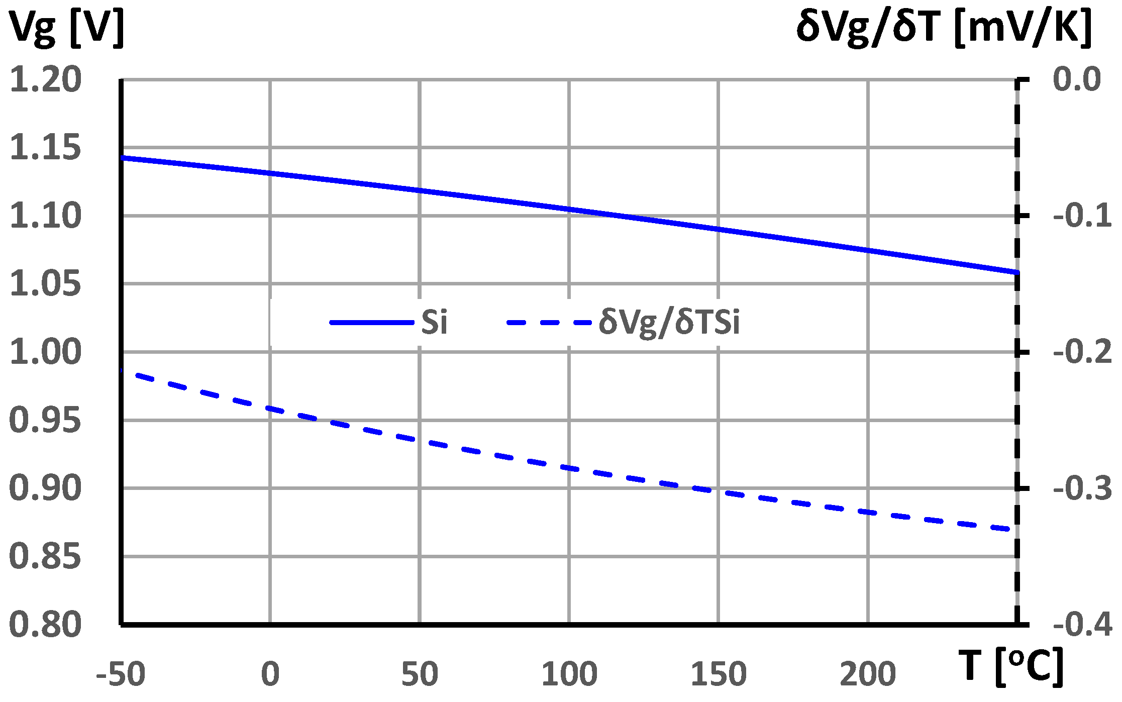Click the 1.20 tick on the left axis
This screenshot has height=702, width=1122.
tap(45, 80)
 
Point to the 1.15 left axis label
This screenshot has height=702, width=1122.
tap(45, 148)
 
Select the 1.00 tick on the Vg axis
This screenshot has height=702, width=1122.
tap(45, 352)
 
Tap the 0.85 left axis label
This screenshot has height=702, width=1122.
tap(45, 557)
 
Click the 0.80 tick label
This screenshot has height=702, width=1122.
tap(45, 625)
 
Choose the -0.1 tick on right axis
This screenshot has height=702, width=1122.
tap(1082, 216)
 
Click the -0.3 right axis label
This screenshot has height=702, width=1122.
tap(1082, 488)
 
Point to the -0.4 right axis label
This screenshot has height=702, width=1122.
tap(1082, 625)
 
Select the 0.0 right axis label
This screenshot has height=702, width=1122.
tap(1077, 80)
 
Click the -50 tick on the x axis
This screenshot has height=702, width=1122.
tap(121, 674)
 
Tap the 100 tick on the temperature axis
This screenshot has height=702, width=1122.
tap(569, 674)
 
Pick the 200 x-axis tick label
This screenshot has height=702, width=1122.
tap(868, 674)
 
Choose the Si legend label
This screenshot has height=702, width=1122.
tap(434, 322)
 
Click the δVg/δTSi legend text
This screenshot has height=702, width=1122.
tap(669, 322)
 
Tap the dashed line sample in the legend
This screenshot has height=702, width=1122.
tap(549, 322)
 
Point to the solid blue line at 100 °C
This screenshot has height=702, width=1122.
tap(569, 209)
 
